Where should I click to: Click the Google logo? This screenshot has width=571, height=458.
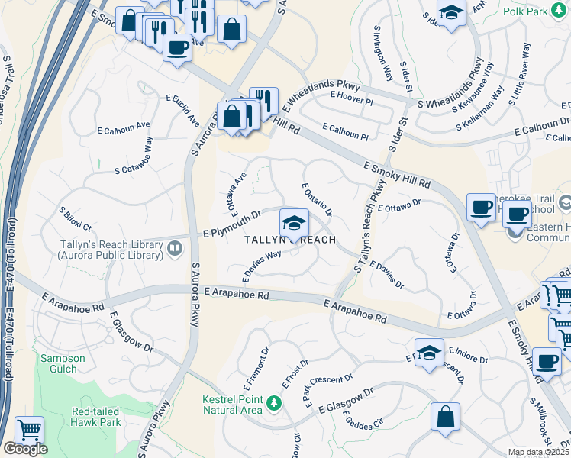pyautogui.click(x=25, y=449)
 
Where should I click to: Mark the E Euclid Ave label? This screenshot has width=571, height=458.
pyautogui.click(x=183, y=111)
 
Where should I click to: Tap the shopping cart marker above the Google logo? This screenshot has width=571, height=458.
pyautogui.click(x=28, y=431)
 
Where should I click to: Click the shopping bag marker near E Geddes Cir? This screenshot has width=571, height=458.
pyautogui.click(x=445, y=417)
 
